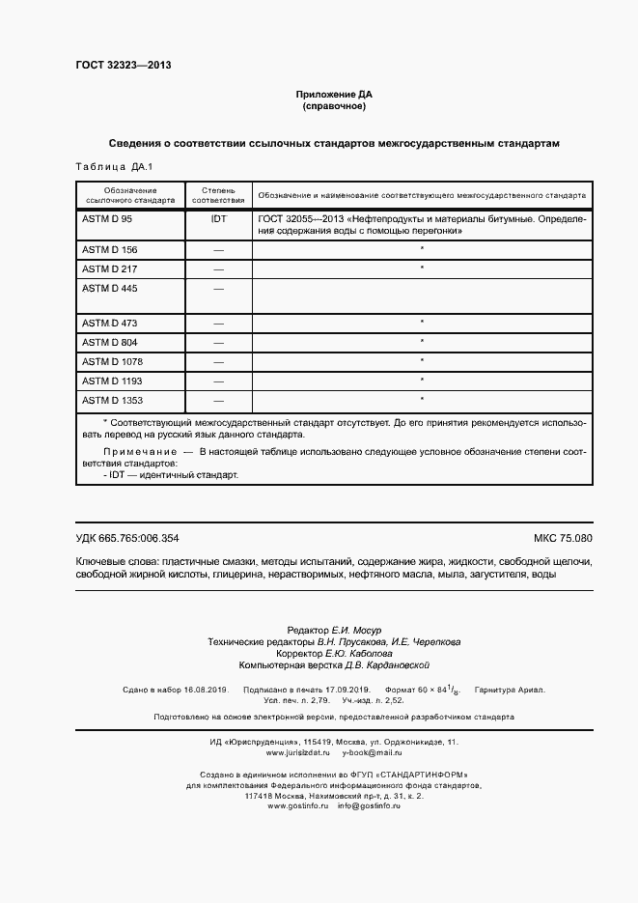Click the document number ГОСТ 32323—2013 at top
123,66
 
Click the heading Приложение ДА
333,95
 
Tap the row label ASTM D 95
107,219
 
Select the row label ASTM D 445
109,288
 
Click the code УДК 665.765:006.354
126,538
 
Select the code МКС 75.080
562,538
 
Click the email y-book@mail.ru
372,751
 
